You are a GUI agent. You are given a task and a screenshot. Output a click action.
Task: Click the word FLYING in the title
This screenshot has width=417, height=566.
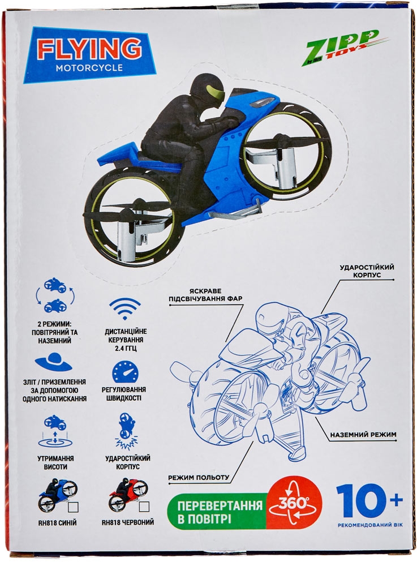pos(89,49)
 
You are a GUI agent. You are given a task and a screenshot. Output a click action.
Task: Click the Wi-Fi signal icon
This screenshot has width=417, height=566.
pos(125,308)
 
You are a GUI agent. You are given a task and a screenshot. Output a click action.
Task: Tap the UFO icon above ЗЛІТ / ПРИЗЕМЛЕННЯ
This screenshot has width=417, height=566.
pos(54,362)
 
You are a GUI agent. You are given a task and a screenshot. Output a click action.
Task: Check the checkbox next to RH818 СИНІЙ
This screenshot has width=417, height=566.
pos(73,507)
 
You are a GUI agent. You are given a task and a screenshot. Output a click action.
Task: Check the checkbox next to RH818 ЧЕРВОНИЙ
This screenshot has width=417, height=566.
pos(144,507)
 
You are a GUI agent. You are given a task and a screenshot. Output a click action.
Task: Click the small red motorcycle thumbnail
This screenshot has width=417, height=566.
pos(124,495)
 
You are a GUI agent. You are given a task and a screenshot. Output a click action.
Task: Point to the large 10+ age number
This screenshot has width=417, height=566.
pos(369,500)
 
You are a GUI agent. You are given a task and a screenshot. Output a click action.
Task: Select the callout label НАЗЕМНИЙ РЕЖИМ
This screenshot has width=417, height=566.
pos(363,435)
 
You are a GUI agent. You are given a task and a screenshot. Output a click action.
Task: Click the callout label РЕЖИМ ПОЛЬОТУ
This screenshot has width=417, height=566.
pos(199,477)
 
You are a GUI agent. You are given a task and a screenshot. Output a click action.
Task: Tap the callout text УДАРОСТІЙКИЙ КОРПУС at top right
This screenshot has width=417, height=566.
pos(367,271)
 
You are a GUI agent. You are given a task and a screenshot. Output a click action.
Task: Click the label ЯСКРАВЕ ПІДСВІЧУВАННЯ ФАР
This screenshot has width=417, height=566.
pos(205,294)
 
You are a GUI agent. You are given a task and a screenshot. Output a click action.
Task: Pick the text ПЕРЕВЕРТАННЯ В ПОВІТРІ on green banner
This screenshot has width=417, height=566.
pos(220,512)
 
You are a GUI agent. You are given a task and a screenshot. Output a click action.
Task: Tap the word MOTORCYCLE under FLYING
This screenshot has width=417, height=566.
pos(89,67)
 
